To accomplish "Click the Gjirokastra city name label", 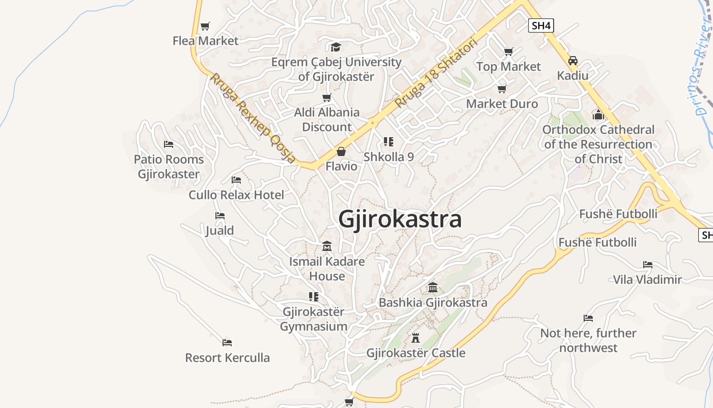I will coord(400,219).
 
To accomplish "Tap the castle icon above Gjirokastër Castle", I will coord(416,338).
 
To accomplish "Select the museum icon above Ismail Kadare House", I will coord(327,246).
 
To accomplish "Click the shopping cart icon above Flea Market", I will coord(205,26).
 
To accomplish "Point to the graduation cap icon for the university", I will coord(336,47).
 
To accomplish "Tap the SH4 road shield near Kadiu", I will coord(541,25).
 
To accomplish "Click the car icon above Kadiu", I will coord(573,61).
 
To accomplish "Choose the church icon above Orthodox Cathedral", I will coord(598,114).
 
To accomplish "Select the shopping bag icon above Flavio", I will coord(341,151).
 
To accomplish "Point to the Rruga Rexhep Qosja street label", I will coord(253,118).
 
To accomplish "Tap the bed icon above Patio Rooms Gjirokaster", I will coord(169,144).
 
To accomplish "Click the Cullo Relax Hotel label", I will coord(236,195).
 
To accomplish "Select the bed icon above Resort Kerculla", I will coord(227,342).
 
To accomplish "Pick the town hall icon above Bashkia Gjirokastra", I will coord(433,288).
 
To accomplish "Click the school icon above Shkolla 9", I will coord(389,142).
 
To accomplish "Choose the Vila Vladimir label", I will coord(647,279).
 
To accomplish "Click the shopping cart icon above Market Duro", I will coord(502,89).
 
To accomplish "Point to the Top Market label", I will coord(508,67).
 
